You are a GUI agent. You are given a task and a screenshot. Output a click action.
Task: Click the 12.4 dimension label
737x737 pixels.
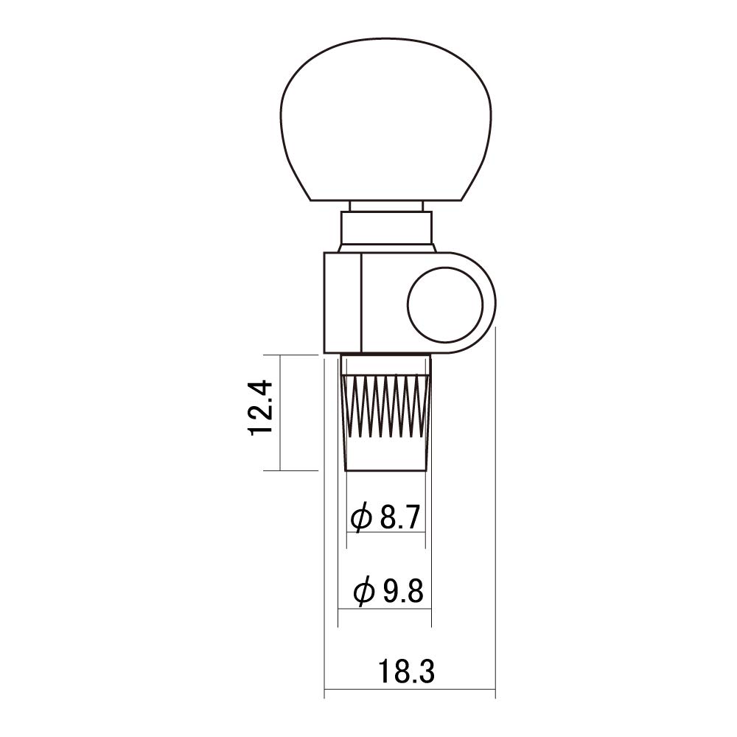click(262, 408)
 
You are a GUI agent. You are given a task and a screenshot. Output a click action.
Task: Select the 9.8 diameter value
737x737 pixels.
click(403, 591)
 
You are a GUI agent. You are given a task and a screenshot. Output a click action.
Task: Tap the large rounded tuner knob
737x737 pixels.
click(385, 120)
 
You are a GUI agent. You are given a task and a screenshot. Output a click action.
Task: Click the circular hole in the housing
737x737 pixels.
click(445, 304)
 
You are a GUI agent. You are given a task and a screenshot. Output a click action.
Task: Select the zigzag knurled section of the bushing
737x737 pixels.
click(387, 407)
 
